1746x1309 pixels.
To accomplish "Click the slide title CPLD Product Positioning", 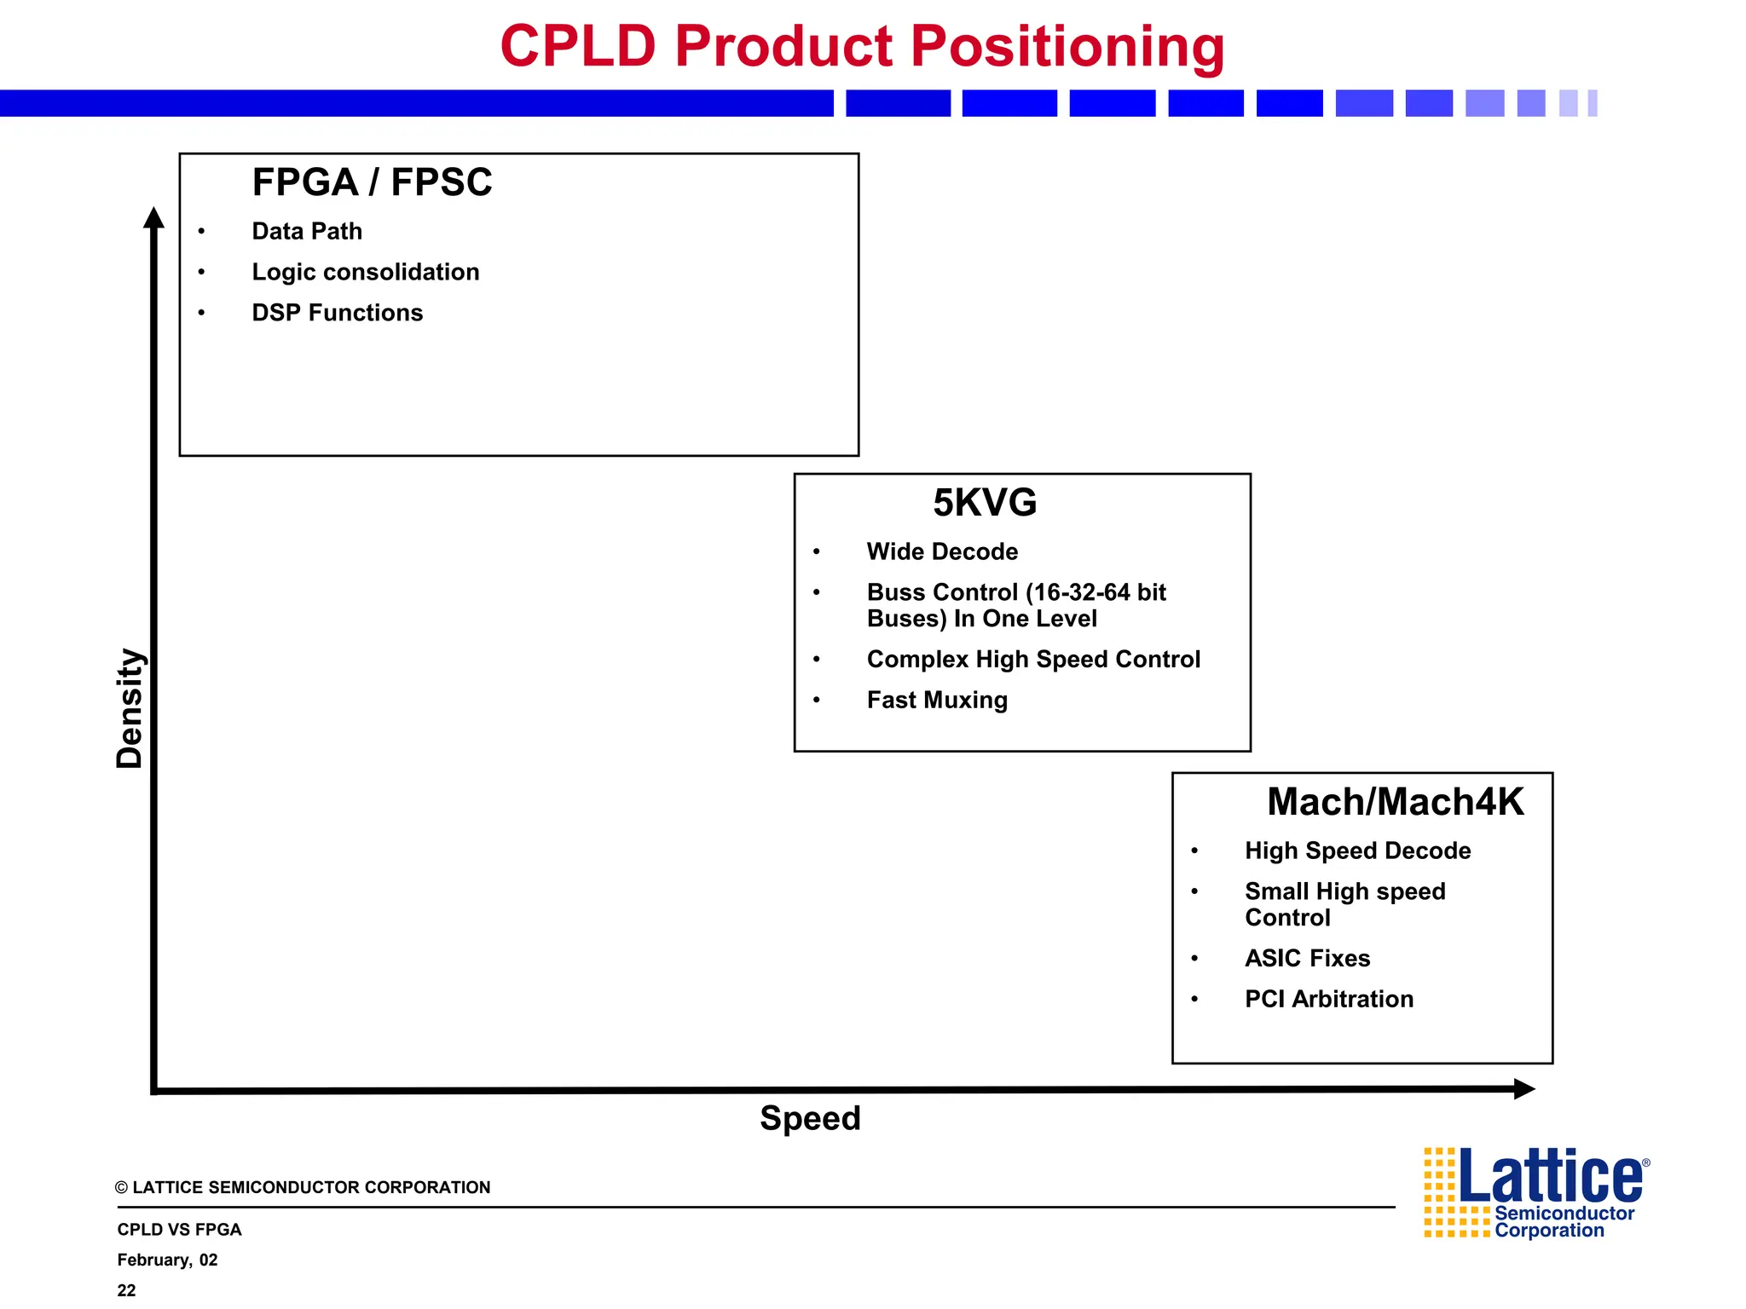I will coord(862,47).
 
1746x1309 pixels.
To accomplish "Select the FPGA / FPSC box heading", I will coord(372,182).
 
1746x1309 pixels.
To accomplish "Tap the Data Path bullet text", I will coord(307,231).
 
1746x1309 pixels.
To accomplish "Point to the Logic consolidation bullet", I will coord(365,272).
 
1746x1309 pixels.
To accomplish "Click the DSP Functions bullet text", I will coord(337,313).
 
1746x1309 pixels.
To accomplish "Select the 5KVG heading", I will coord(984,503).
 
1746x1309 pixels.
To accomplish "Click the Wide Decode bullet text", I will coord(942,551).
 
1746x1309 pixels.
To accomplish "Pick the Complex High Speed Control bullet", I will coord(1032,659).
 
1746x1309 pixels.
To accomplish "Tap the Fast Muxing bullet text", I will coord(937,700).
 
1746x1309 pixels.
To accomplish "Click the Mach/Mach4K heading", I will coord(1395,802).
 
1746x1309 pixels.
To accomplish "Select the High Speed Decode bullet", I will coord(1357,851).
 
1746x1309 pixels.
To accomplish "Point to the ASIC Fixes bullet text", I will coord(1307,958).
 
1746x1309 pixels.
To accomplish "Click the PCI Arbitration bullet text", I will coord(1328,999).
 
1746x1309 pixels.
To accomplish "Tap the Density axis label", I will coord(130,708).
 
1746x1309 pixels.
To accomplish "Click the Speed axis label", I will coord(810,1118).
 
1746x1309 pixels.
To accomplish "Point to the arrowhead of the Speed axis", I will coord(1523,1088).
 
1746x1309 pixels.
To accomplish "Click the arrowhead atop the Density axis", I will coord(153,218).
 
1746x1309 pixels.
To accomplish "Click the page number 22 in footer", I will coord(126,1290).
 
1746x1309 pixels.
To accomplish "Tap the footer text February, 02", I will coord(167,1260).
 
